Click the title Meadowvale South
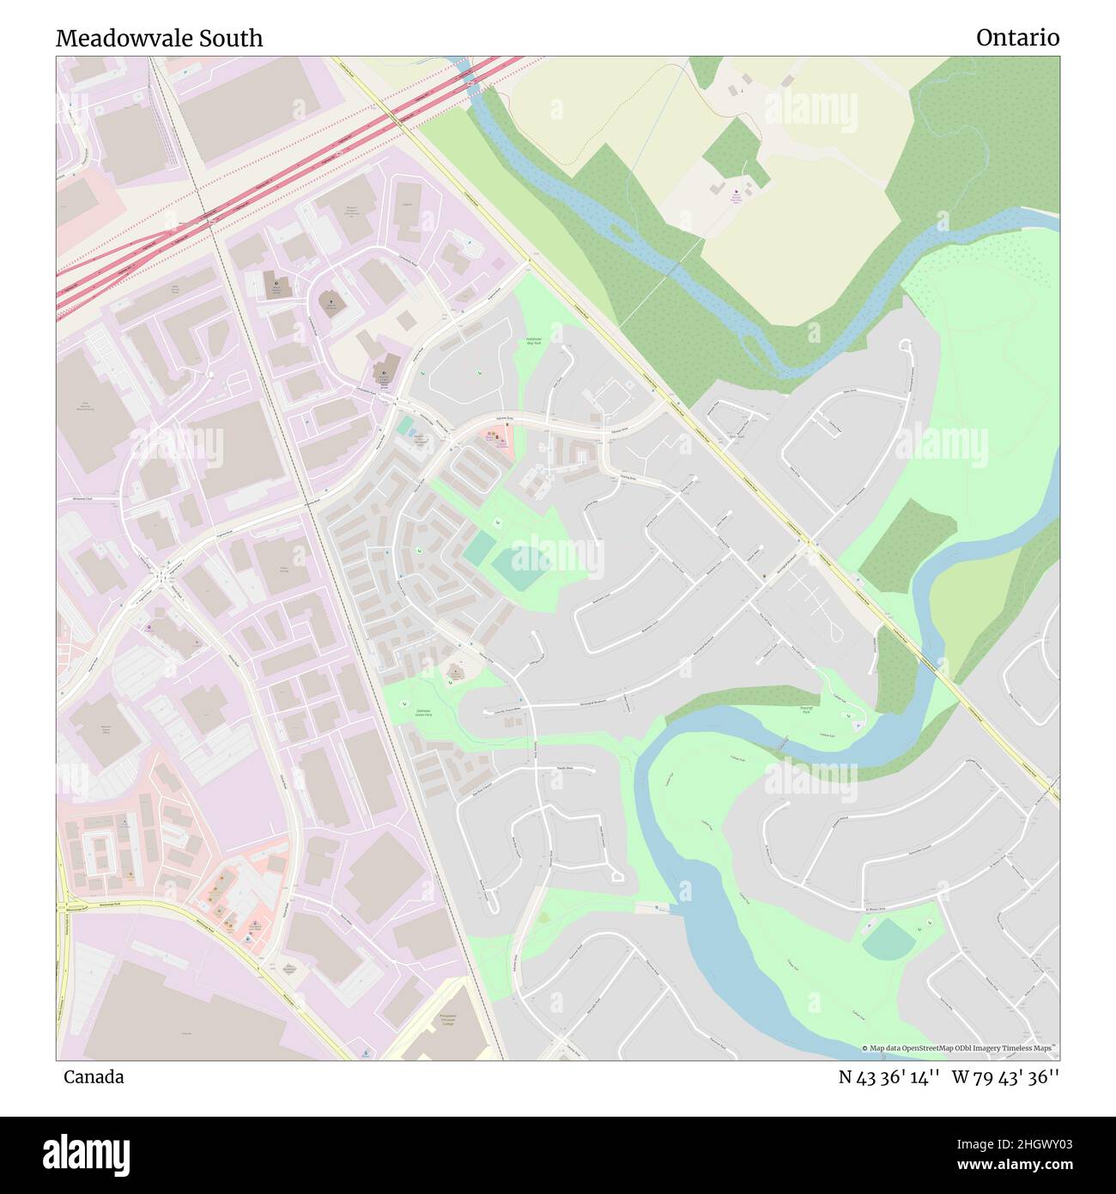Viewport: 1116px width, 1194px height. tap(159, 38)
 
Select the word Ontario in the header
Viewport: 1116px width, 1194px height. tap(1016, 38)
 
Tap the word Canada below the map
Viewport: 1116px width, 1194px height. tap(94, 1077)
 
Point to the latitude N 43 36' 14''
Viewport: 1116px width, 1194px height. tap(889, 1077)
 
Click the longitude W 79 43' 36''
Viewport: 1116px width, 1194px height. tap(1005, 1077)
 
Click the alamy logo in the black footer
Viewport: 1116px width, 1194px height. tap(86, 1153)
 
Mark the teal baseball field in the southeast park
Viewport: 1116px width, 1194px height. tap(889, 943)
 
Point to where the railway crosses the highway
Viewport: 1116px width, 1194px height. tap(208, 218)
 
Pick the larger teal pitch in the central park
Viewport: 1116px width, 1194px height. tap(521, 568)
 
